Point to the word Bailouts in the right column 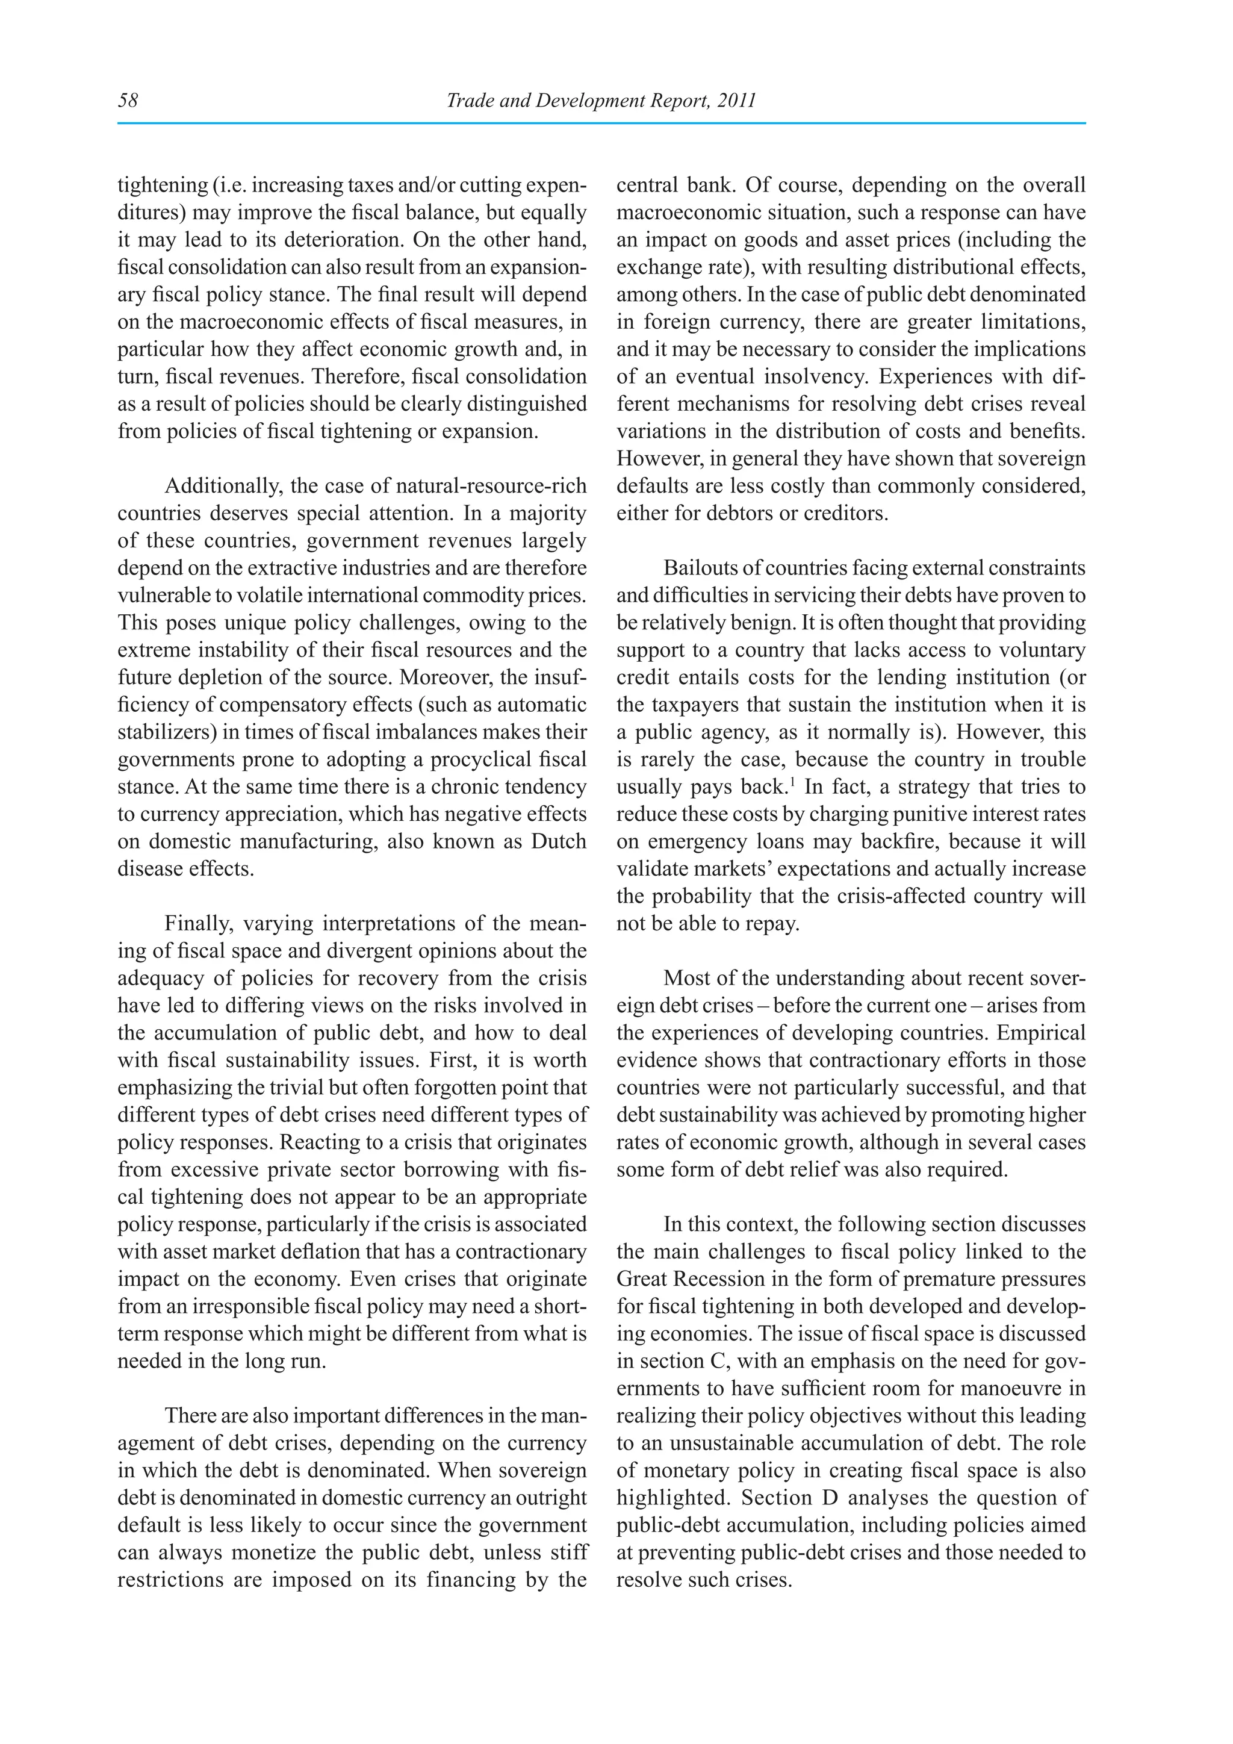tap(698, 568)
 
